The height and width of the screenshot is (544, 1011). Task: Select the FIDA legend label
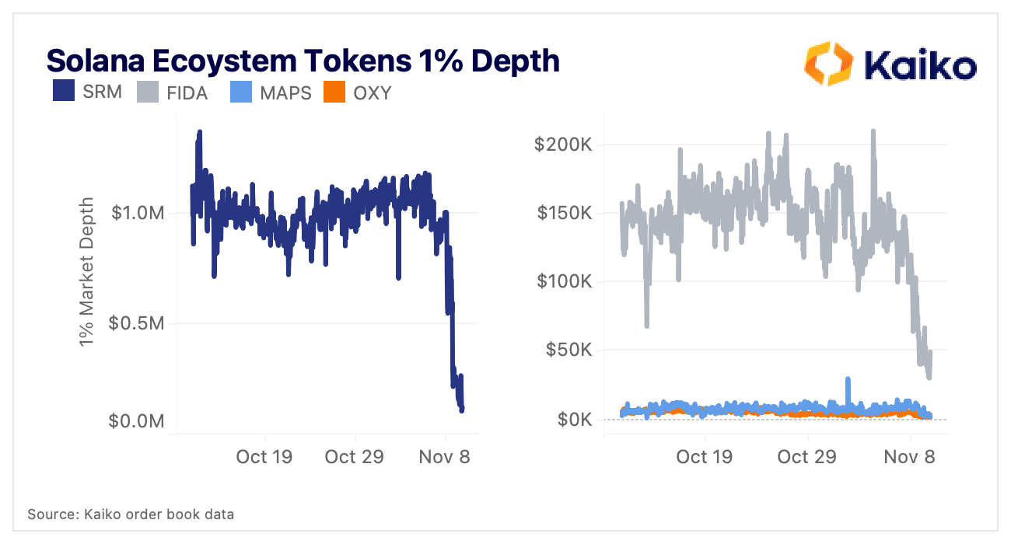pyautogui.click(x=187, y=93)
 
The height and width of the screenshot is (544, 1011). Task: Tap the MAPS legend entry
pyautogui.click(x=285, y=93)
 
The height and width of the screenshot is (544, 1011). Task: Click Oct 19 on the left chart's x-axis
pyautogui.click(x=264, y=456)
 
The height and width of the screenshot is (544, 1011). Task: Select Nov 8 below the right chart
pyautogui.click(x=910, y=456)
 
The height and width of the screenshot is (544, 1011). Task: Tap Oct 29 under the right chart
pyautogui.click(x=807, y=456)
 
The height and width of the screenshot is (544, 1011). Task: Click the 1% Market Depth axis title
pyautogui.click(x=87, y=271)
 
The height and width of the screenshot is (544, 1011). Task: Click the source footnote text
pyautogui.click(x=131, y=514)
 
